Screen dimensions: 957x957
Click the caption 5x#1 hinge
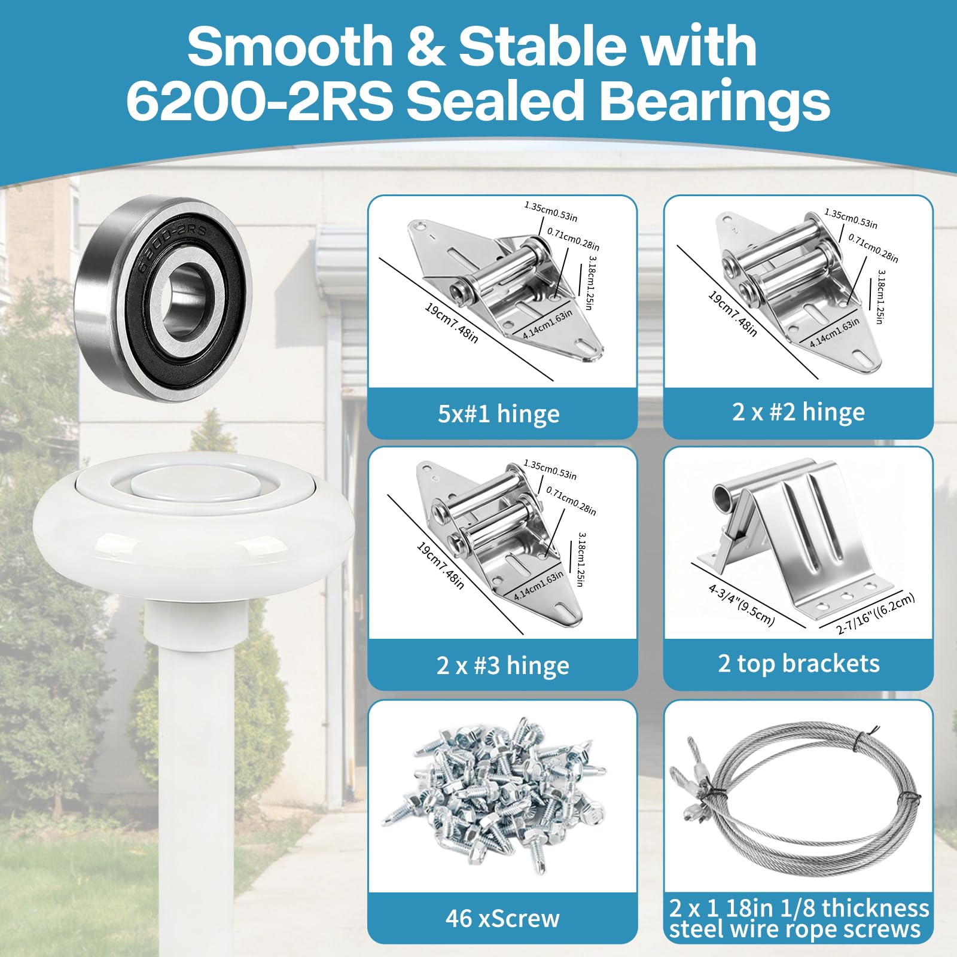coord(499,414)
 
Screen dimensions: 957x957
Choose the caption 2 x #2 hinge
coord(798,412)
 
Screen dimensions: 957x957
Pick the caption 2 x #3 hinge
coord(502,665)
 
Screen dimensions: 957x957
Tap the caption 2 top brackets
coord(798,663)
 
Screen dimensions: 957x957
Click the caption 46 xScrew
coord(502,918)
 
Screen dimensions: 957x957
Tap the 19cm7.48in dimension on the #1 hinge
coord(451,322)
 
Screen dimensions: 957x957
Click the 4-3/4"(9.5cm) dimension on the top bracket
coord(741,605)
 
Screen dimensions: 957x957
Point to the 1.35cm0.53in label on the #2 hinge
coord(851,218)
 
